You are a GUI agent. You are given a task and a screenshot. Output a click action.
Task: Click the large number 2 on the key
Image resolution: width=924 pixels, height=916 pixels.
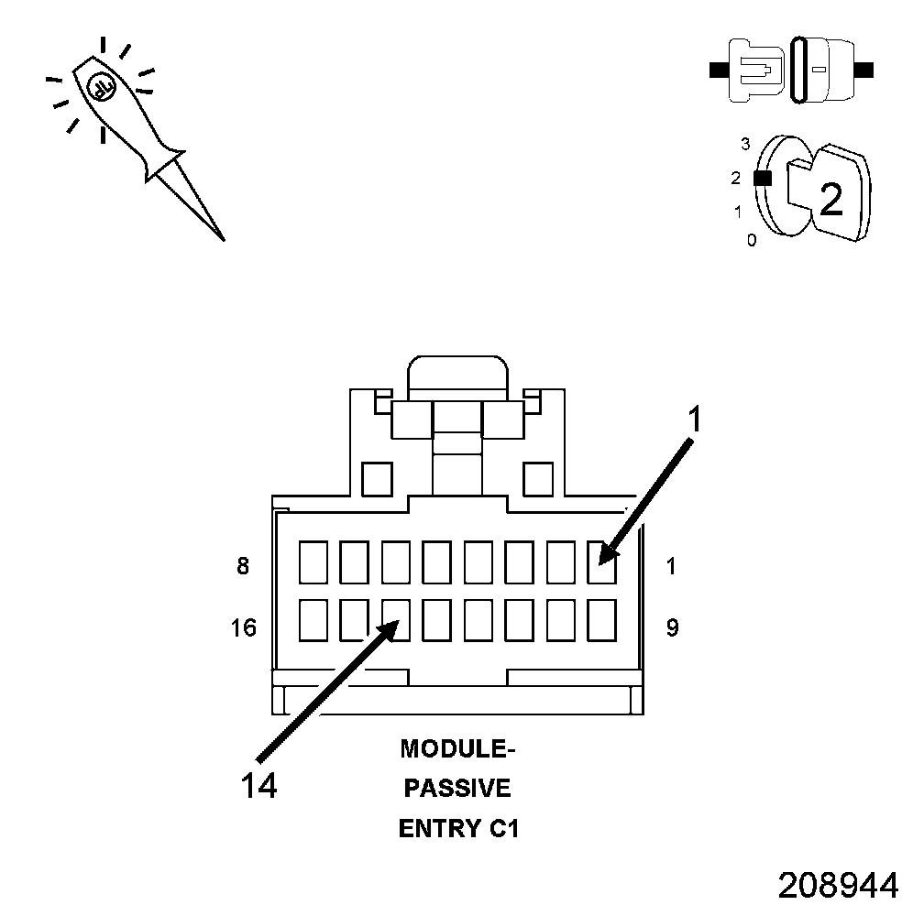[x=830, y=199]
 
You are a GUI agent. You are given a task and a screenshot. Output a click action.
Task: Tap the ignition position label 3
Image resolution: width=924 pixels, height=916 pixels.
[x=745, y=144]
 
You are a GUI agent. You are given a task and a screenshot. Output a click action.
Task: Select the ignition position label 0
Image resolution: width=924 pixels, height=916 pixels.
[x=752, y=241]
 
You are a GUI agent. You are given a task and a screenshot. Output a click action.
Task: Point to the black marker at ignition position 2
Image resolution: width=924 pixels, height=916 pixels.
[x=761, y=179]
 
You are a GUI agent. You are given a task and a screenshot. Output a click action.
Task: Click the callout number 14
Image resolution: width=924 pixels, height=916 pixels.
[x=259, y=785]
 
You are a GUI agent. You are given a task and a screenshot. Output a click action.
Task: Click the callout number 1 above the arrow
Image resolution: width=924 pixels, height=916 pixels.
[x=695, y=419]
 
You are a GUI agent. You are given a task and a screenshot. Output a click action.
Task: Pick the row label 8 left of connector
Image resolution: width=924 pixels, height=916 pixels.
[x=243, y=566]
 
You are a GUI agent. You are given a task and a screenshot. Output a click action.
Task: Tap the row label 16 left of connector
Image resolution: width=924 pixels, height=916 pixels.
[x=244, y=628]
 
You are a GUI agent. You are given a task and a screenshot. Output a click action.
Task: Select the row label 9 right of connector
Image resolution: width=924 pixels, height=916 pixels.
[x=672, y=628]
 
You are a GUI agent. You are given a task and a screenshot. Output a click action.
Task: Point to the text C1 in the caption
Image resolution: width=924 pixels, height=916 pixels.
[x=500, y=829]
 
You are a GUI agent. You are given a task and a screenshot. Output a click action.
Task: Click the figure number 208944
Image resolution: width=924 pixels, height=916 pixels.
[x=838, y=885]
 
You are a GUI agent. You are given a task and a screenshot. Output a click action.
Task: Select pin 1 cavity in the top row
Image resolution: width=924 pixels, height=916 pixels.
[x=601, y=561]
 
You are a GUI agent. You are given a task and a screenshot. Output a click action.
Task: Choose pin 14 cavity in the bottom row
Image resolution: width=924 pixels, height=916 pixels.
[x=396, y=620]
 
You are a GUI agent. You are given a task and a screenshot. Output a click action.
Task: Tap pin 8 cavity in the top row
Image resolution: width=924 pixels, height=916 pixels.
[x=313, y=561]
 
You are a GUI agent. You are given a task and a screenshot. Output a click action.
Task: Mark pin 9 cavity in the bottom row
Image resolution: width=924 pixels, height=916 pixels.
[x=601, y=620]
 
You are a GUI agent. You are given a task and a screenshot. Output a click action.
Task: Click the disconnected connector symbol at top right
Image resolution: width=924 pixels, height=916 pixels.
[x=792, y=70]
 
